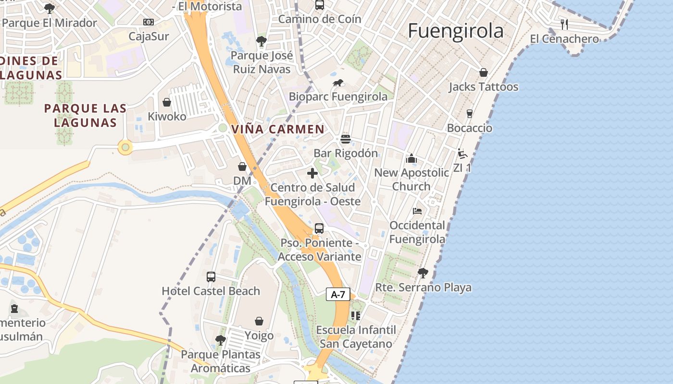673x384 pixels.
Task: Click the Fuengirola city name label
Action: (455, 31)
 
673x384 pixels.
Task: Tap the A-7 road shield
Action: (338, 294)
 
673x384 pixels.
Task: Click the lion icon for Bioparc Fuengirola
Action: (338, 83)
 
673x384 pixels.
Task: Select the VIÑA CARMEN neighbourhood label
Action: (278, 129)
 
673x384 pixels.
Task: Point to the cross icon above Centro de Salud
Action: (312, 173)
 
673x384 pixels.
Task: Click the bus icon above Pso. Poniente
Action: (319, 228)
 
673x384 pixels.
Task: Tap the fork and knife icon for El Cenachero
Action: (564, 24)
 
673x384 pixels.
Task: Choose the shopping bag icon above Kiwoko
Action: (167, 102)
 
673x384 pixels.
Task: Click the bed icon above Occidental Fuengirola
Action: (417, 211)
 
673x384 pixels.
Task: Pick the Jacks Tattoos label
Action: (483, 87)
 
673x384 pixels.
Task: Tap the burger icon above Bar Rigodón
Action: (345, 139)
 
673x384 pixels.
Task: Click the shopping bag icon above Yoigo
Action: (259, 321)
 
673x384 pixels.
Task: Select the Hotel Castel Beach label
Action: (211, 291)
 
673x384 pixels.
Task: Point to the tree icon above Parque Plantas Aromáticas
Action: (221, 340)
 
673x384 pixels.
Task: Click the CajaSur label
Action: (149, 36)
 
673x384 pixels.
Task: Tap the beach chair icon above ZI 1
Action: (462, 154)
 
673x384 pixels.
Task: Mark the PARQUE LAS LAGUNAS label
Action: (86, 115)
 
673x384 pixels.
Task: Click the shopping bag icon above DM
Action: (242, 167)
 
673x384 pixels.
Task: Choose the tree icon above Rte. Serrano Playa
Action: (423, 273)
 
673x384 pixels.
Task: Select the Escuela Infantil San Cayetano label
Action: (356, 336)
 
